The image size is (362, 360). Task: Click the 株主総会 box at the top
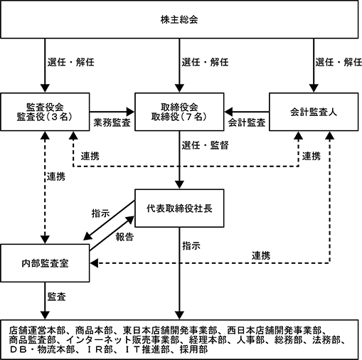tap(179, 19)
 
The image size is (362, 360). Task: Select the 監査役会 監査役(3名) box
tap(45, 112)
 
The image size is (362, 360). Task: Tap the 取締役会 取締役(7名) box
tap(179, 112)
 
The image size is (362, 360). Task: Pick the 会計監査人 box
tap(314, 112)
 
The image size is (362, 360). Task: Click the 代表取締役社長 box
tap(179, 208)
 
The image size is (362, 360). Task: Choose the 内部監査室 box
tap(45, 263)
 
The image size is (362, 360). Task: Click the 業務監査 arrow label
tap(112, 122)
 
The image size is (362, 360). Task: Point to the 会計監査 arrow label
tap(247, 122)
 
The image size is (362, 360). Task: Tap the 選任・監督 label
tap(205, 145)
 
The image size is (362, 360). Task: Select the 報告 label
tap(124, 237)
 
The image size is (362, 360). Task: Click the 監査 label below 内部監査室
tap(56, 297)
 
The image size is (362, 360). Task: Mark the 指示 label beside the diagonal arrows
tap(101, 213)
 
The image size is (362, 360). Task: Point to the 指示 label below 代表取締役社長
tap(191, 245)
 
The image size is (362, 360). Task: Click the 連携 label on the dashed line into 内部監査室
tap(261, 255)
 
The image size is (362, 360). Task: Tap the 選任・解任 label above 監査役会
tap(71, 62)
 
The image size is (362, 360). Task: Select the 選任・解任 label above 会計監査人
tap(339, 62)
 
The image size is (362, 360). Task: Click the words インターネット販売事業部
tap(122, 340)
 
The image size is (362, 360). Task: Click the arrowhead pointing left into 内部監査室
tap(94, 263)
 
